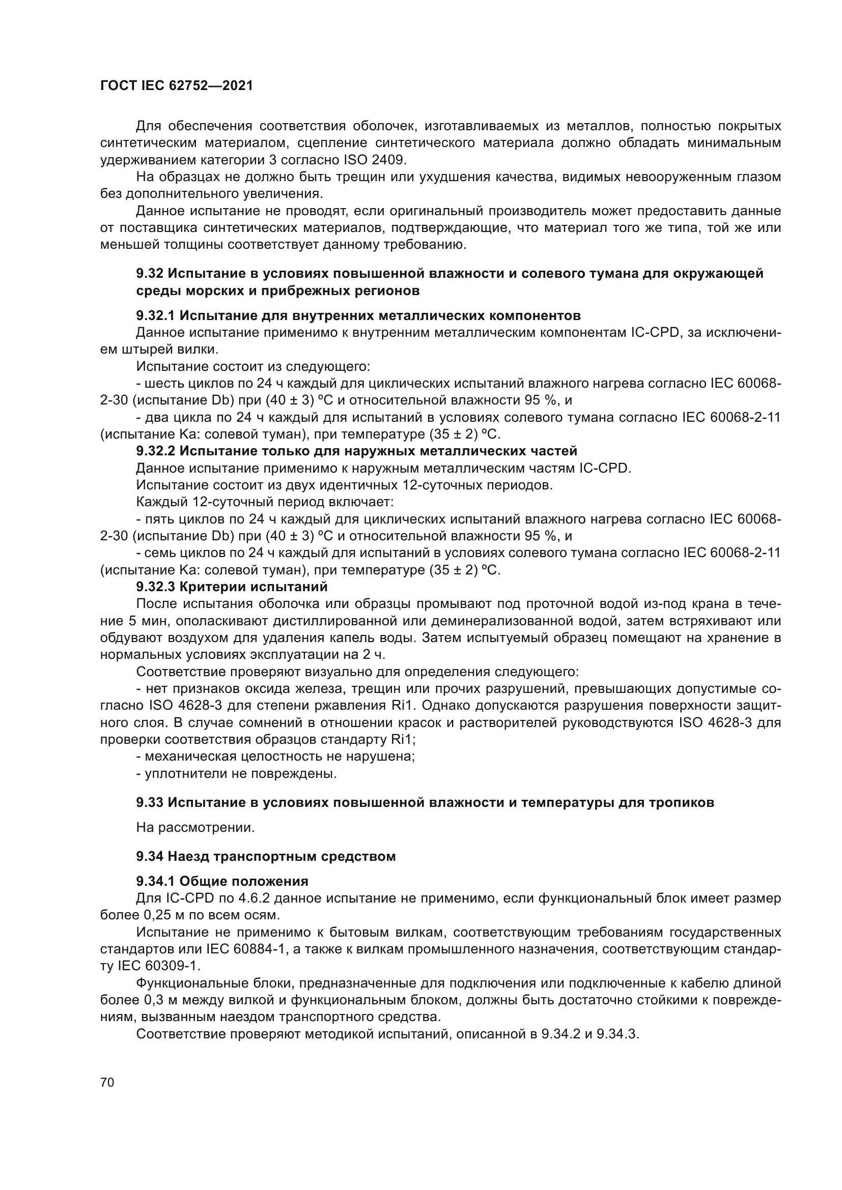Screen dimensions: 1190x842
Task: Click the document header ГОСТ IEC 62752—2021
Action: point(176,86)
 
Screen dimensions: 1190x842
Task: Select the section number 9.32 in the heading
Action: point(150,274)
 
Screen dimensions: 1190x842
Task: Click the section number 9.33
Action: point(150,803)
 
